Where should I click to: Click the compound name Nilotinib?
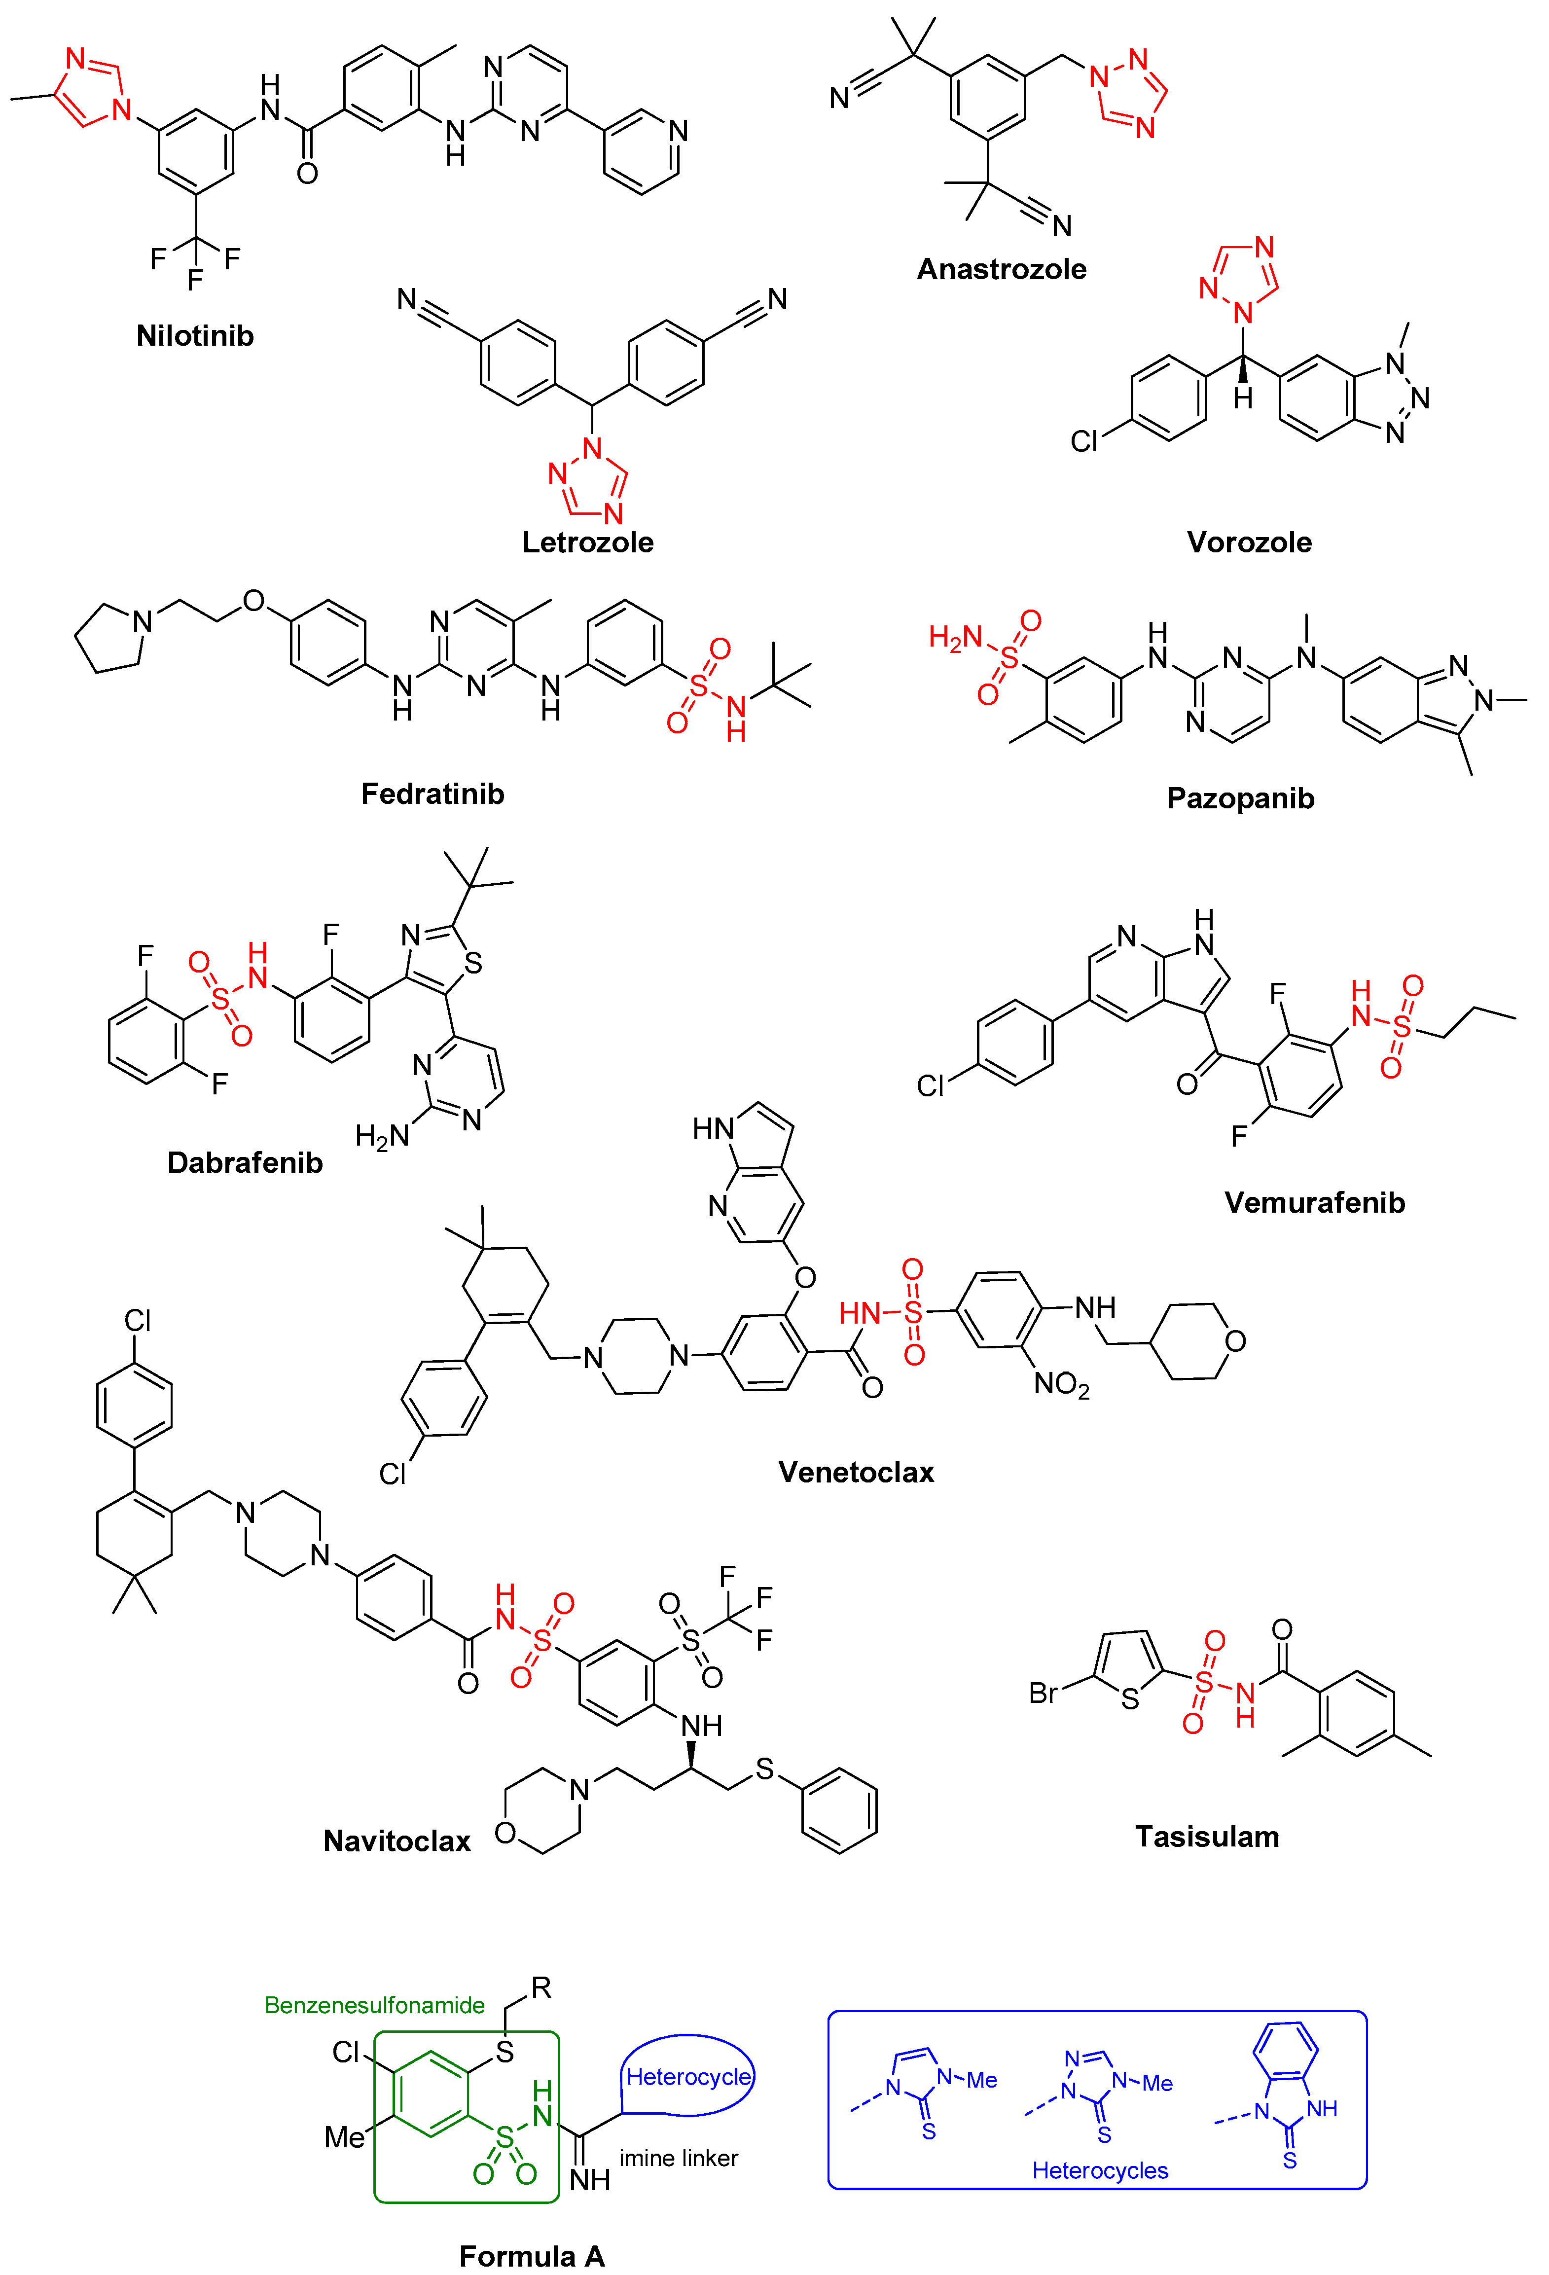tap(195, 336)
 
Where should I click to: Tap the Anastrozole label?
tap(1001, 269)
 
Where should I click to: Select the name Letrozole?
tap(587, 542)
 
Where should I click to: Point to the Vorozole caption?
tap(1248, 542)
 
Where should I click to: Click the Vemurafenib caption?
tap(1314, 1202)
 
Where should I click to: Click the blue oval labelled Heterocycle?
tap(688, 2076)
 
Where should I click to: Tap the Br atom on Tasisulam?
tap(1044, 1693)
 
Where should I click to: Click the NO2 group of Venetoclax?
tap(1061, 1384)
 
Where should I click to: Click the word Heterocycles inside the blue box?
tap(1100, 2170)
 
